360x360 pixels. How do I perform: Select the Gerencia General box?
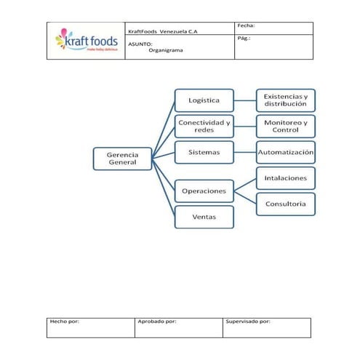click(x=123, y=159)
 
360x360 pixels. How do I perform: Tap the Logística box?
click(x=204, y=100)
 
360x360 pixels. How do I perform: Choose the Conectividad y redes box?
click(x=204, y=126)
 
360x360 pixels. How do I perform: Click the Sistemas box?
click(x=204, y=153)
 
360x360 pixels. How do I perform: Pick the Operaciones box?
click(x=204, y=191)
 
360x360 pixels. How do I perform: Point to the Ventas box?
click(x=204, y=217)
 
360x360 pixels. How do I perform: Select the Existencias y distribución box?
click(x=285, y=100)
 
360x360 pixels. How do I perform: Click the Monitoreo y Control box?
click(x=285, y=126)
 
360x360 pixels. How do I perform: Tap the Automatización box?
click(x=285, y=153)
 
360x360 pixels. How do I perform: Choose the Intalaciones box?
click(x=285, y=178)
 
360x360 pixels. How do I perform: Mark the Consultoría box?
click(x=285, y=204)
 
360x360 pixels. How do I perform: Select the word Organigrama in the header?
click(x=166, y=50)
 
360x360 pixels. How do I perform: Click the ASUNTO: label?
click(x=140, y=44)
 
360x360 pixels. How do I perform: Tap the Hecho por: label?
click(x=64, y=321)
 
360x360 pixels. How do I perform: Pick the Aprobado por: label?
click(x=156, y=321)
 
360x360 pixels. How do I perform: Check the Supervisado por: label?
click(x=248, y=321)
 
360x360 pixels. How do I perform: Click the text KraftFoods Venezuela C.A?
click(x=163, y=31)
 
